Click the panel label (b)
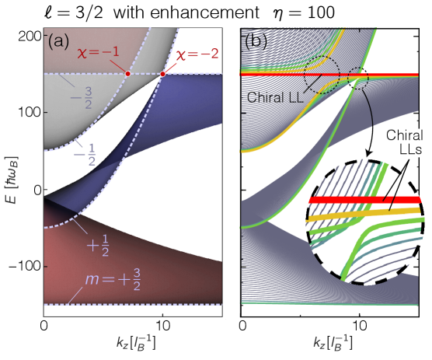click(x=258, y=40)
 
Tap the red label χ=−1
click(x=98, y=52)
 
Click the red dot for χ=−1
click(x=128, y=73)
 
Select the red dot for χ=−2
click(x=162, y=74)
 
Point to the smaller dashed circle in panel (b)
click(x=358, y=79)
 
